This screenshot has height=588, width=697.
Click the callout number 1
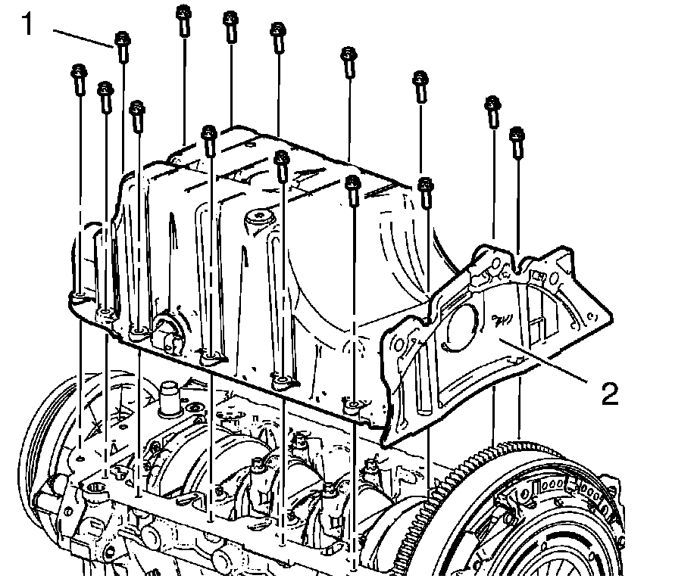click(x=27, y=24)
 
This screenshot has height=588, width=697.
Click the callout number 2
click(x=609, y=394)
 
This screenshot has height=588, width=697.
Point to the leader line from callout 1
click(x=83, y=37)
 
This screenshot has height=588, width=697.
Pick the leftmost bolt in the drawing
click(x=79, y=80)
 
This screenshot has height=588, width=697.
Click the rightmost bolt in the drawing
click(x=517, y=142)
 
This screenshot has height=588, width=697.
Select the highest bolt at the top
click(x=183, y=20)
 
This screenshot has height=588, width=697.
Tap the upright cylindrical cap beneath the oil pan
click(x=171, y=398)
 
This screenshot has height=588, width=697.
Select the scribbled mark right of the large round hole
click(x=502, y=319)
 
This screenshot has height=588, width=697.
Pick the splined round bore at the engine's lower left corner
click(x=95, y=489)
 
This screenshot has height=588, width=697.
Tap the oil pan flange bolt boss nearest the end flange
click(x=353, y=406)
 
